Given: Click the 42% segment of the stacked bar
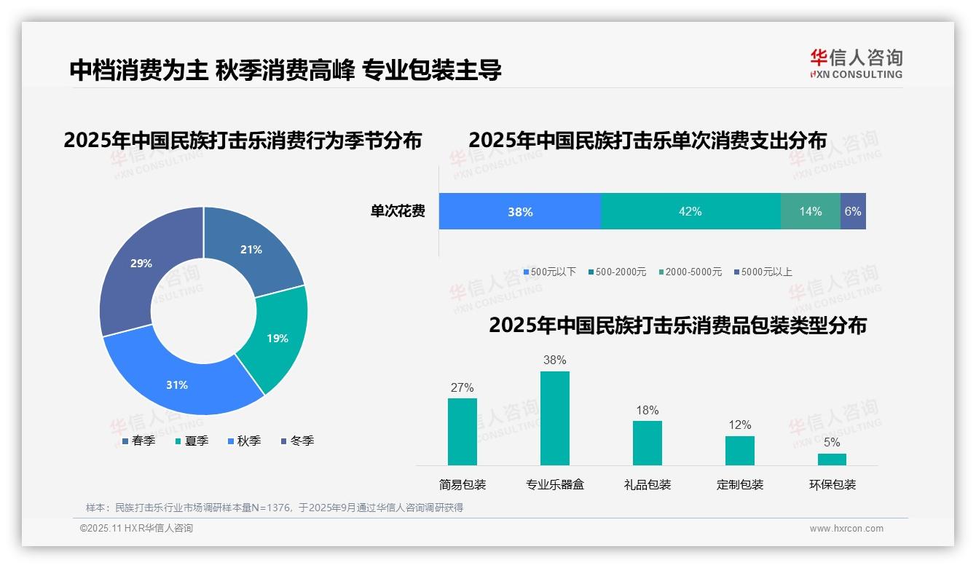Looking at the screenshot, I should pyautogui.click(x=690, y=211).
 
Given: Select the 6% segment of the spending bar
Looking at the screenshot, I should pyautogui.click(x=853, y=211).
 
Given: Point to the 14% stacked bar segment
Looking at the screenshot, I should pyautogui.click(x=810, y=211).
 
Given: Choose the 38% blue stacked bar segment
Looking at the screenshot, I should pyautogui.click(x=519, y=211).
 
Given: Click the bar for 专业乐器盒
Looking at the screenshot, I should pyautogui.click(x=554, y=418).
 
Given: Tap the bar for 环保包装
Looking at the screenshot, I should pyautogui.click(x=832, y=459).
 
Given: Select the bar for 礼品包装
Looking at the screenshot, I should pyautogui.click(x=647, y=443).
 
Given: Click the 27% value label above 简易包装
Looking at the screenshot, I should pyautogui.click(x=462, y=387).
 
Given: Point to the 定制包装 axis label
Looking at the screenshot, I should pyautogui.click(x=739, y=484).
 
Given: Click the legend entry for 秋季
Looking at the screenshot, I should pyautogui.click(x=244, y=441).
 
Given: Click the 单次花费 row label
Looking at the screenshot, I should pyautogui.click(x=398, y=211).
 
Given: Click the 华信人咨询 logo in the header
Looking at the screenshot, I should pyautogui.click(x=856, y=63).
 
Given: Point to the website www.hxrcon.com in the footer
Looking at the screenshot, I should pyautogui.click(x=846, y=529).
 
